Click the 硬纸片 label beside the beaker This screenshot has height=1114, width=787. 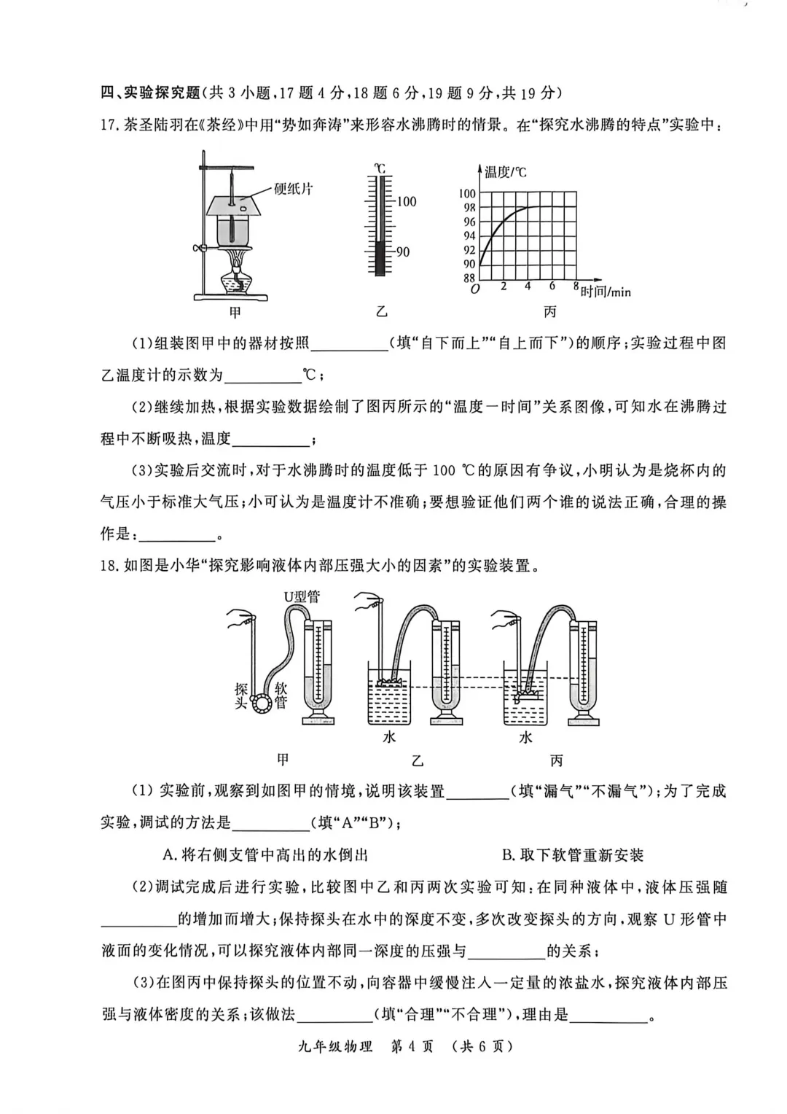pyautogui.click(x=293, y=189)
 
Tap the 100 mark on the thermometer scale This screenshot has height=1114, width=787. pyautogui.click(x=406, y=201)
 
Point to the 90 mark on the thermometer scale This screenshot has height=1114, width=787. pyautogui.click(x=402, y=252)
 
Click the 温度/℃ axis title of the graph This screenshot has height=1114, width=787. pyautogui.click(x=505, y=172)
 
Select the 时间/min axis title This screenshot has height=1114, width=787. pyautogui.click(x=605, y=292)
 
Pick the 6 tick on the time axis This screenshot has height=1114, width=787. pyautogui.click(x=552, y=287)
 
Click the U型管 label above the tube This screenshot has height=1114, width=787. pyautogui.click(x=302, y=596)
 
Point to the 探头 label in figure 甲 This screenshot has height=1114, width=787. pyautogui.click(x=241, y=696)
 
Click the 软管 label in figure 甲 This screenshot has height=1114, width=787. pyautogui.click(x=281, y=696)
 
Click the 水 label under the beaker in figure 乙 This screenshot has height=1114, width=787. pyautogui.click(x=389, y=737)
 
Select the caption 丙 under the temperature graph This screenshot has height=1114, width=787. pyautogui.click(x=549, y=312)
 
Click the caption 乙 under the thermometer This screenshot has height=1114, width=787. pyautogui.click(x=381, y=312)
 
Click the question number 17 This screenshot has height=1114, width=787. pyautogui.click(x=109, y=125)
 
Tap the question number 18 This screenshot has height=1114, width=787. pyautogui.click(x=109, y=565)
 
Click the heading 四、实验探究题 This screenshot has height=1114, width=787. pyautogui.click(x=149, y=93)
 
